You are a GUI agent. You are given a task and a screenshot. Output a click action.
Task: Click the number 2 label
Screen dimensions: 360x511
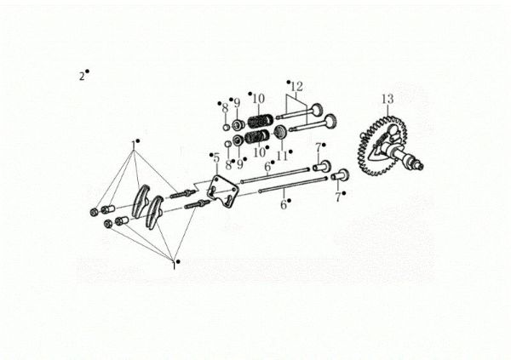click(82, 76)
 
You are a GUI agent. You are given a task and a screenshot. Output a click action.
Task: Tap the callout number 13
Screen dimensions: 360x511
click(387, 100)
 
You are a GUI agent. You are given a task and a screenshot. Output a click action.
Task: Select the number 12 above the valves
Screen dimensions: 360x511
click(296, 87)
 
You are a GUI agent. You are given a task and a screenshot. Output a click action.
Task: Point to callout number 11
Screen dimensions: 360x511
click(282, 156)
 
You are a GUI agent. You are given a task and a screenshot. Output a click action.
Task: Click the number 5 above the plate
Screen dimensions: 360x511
click(216, 157)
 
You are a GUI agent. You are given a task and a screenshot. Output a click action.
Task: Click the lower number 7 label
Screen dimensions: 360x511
click(338, 197)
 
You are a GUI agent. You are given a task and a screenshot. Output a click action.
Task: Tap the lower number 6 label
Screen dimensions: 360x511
click(284, 205)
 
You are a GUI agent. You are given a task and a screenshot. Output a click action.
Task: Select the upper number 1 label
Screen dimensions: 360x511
click(134, 142)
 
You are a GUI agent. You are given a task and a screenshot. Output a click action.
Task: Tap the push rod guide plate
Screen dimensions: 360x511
click(220, 191)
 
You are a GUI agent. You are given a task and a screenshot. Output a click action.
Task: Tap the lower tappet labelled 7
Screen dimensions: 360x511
click(338, 176)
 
